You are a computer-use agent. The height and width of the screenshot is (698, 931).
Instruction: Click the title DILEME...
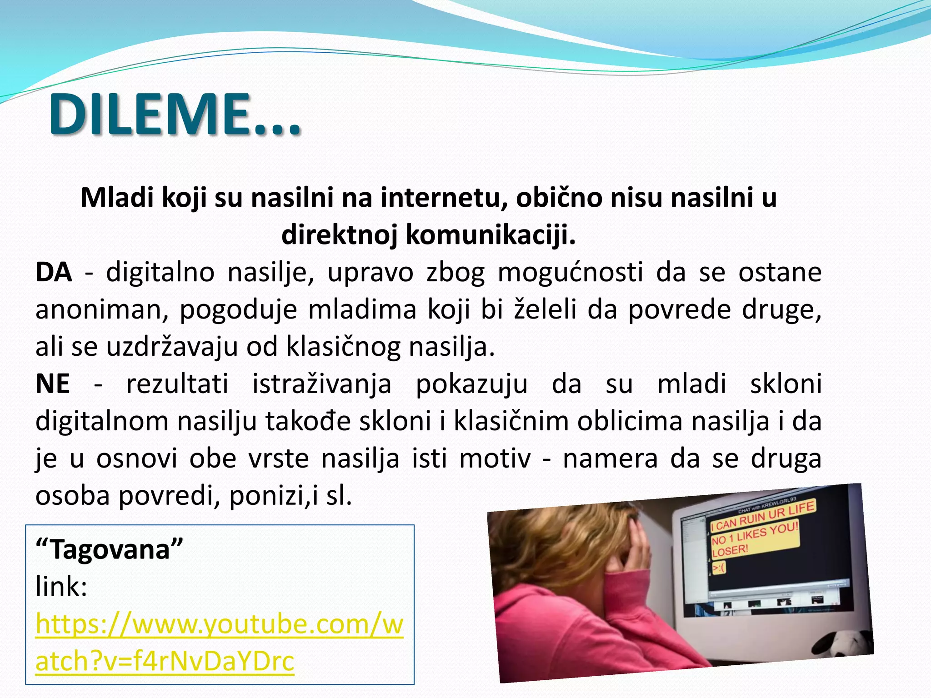[175, 114]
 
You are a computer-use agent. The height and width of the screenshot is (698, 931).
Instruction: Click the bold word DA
[54, 273]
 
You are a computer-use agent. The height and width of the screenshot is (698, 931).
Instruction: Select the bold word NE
[53, 384]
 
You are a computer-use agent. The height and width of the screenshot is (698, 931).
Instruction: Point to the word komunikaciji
[490, 235]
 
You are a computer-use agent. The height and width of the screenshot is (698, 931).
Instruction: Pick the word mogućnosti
[571, 273]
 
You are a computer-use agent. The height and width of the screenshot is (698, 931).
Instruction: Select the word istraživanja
[322, 384]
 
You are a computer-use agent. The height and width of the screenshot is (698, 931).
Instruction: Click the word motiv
[495, 459]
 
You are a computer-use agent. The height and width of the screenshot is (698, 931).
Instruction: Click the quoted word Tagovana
[110, 549]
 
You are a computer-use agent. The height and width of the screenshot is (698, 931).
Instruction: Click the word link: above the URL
[61, 587]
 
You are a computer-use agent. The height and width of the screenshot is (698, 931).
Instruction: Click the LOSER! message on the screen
[730, 551]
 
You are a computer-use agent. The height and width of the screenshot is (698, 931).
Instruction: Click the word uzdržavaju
[172, 347]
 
